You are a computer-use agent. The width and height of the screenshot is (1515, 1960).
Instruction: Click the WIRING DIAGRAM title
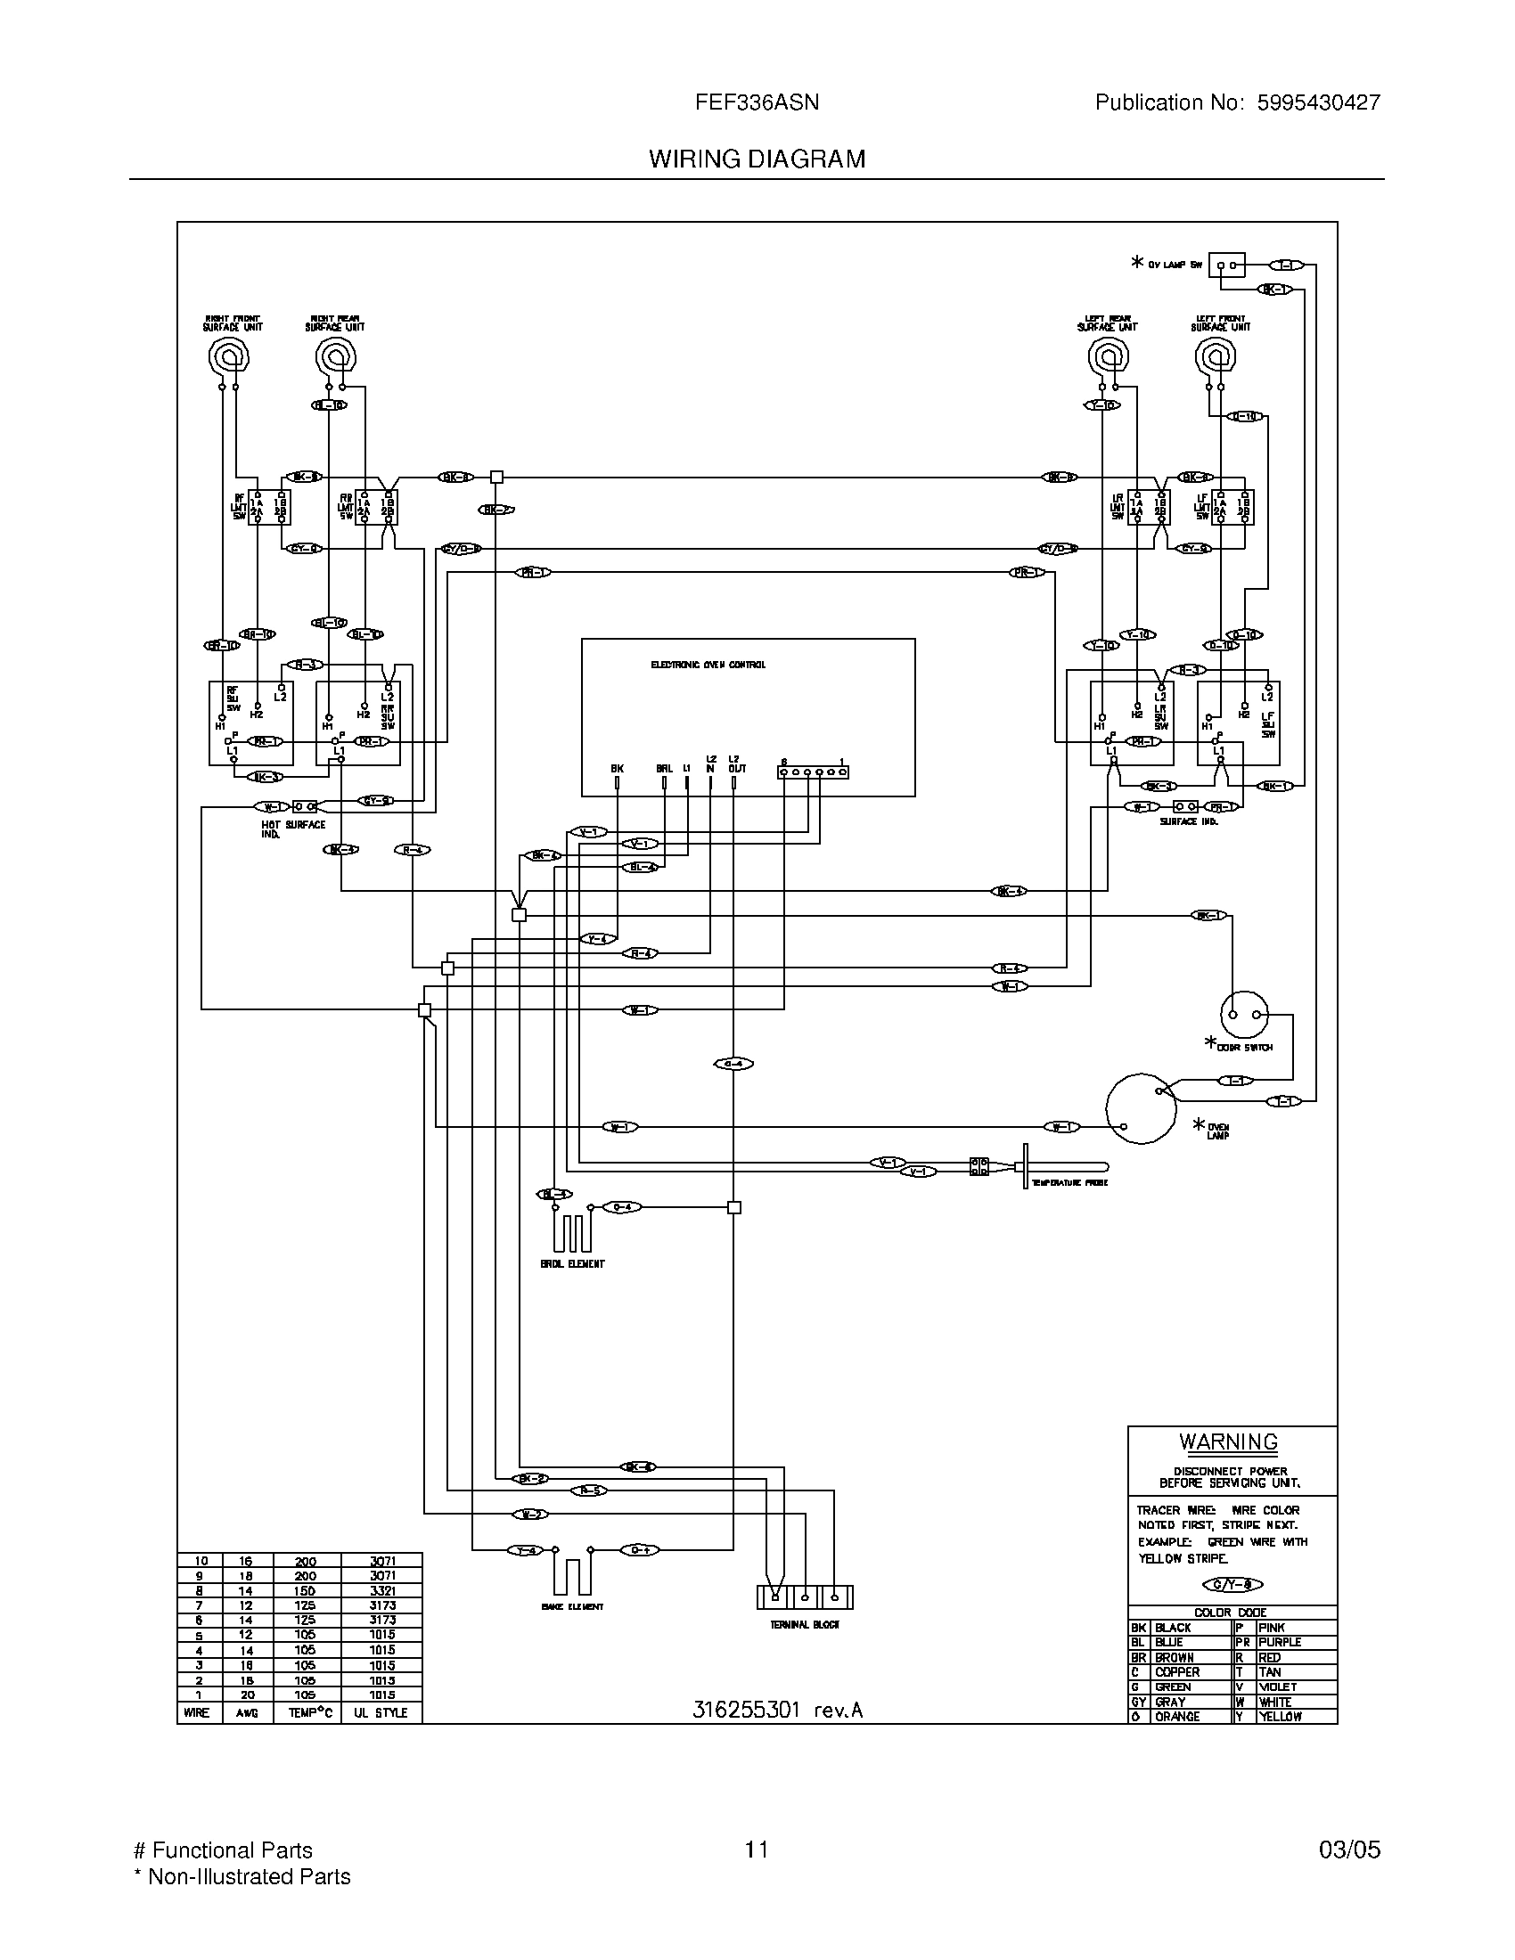(757, 159)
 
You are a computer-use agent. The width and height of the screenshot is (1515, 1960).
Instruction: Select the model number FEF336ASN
(757, 102)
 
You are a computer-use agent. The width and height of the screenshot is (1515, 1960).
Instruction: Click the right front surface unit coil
(228, 359)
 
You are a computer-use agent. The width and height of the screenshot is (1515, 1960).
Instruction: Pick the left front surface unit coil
(1216, 359)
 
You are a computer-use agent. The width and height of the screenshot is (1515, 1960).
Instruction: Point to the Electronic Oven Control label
(708, 665)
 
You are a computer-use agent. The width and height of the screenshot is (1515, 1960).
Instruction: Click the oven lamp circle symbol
(1140, 1108)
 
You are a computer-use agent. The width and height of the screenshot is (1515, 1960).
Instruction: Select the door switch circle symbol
(1244, 1014)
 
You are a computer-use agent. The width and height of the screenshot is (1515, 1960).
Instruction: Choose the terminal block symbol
(804, 1597)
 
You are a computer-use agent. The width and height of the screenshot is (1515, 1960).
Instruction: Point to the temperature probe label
(1069, 1183)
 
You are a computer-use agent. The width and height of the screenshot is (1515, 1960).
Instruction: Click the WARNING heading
(1228, 1442)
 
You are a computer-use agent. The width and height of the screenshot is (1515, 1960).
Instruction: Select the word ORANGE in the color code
(1176, 1716)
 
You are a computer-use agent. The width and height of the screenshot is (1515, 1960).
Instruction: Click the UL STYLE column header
(381, 1712)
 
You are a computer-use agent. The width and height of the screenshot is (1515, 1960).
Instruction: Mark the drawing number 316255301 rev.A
(777, 1710)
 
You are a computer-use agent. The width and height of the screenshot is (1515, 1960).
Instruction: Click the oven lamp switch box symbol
(1226, 265)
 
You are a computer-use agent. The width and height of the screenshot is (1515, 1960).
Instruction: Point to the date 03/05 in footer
(1349, 1850)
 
